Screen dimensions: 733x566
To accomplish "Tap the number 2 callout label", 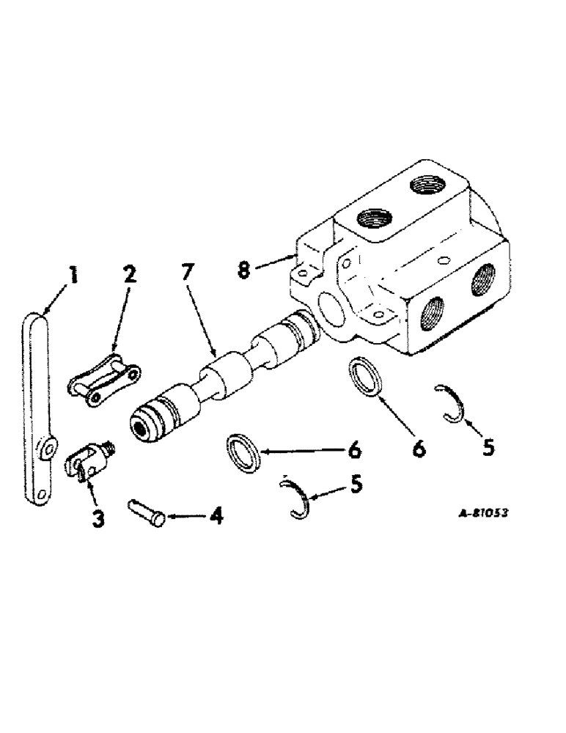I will pyautogui.click(x=129, y=277).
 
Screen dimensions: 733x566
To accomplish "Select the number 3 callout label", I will pyautogui.click(x=98, y=518).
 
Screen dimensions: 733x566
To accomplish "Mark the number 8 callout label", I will pyautogui.click(x=243, y=269).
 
